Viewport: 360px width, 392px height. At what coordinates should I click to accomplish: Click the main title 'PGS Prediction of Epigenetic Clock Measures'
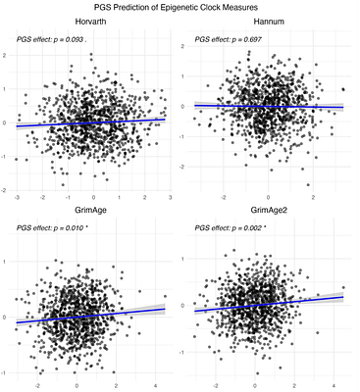pos(180,8)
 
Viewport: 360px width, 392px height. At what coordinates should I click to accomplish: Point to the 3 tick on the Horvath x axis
pos(168,197)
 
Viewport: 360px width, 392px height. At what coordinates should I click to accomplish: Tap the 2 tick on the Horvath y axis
pos(8,56)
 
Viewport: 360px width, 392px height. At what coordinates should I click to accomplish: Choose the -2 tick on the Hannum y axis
pos(184,168)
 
